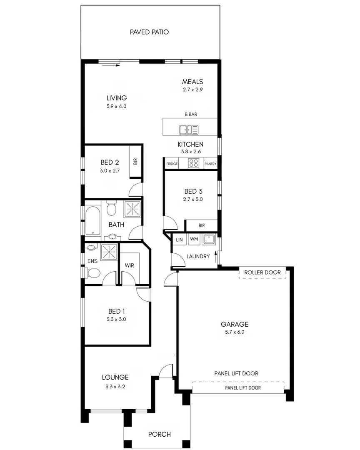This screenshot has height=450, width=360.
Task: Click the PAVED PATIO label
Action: pyautogui.click(x=149, y=32)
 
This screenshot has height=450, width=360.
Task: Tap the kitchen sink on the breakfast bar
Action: pyautogui.click(x=189, y=130)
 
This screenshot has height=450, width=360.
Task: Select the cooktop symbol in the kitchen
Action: pyautogui.click(x=194, y=163)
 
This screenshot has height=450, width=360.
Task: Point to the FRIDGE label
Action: pyautogui.click(x=172, y=164)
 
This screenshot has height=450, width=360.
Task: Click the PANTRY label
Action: pyautogui.click(x=210, y=164)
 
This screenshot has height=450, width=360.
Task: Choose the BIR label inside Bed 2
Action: pyautogui.click(x=135, y=162)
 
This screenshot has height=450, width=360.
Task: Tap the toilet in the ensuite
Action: pyautogui.click(x=93, y=273)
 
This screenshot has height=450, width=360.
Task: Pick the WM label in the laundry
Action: pyautogui.click(x=194, y=240)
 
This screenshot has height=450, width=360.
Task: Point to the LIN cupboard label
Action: pyautogui.click(x=179, y=240)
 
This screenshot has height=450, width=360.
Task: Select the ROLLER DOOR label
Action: pyautogui.click(x=262, y=272)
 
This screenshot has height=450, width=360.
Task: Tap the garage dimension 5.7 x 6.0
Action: pyautogui.click(x=235, y=332)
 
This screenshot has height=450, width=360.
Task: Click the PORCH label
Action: pyautogui.click(x=160, y=434)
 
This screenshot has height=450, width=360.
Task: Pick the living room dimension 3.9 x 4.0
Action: pyautogui.click(x=116, y=106)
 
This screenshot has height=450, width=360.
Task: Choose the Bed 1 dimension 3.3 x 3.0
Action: pyautogui.click(x=117, y=320)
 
